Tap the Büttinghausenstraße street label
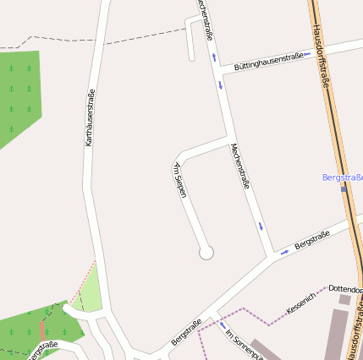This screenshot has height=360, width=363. pos(268,61)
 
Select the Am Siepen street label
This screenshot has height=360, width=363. pos(179,180)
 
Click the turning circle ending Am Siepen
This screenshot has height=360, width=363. pos(206,252)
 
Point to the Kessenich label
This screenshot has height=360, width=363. pos(300,304)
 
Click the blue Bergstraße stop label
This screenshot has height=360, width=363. pos(342,177)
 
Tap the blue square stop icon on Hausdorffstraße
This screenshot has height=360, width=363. pos(344,188)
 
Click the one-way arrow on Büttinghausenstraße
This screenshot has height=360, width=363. pos(307,53)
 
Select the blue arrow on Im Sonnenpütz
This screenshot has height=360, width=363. pos(222,324)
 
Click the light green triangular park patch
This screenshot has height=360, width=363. pos(90,292)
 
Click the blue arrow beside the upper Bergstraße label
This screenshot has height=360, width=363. pos(285,252)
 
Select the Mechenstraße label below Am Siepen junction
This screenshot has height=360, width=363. pos(240,166)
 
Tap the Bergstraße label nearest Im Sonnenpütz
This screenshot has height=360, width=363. pos(186,330)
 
